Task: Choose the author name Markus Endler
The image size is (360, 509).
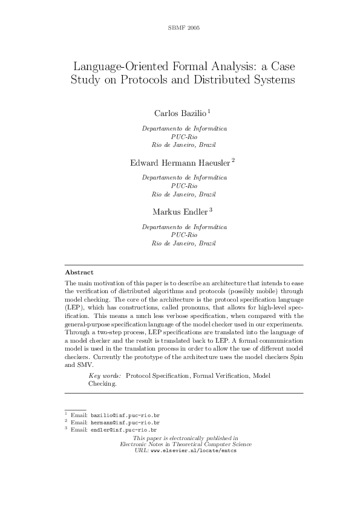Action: point(180,211)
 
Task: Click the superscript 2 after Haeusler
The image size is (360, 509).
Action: point(233,160)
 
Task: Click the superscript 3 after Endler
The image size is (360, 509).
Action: point(211,209)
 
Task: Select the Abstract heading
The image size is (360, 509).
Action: point(79,273)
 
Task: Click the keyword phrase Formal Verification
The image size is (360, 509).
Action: point(220,375)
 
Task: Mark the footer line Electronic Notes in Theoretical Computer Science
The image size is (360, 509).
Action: point(186,444)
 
